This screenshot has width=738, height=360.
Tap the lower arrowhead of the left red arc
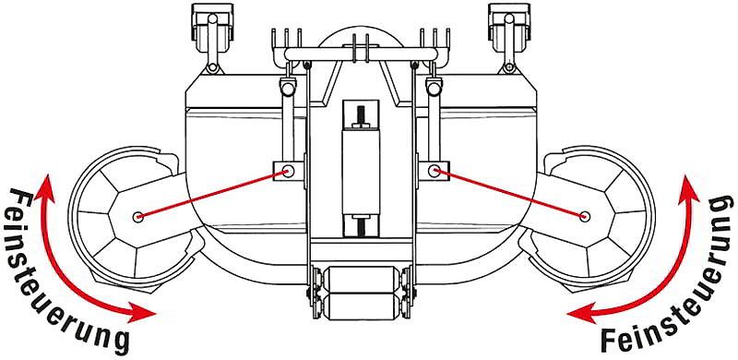pyautogui.click(x=148, y=313)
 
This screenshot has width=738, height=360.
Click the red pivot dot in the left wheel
pyautogui.click(x=137, y=216)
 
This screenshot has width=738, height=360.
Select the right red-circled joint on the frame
pyautogui.click(x=435, y=170)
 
